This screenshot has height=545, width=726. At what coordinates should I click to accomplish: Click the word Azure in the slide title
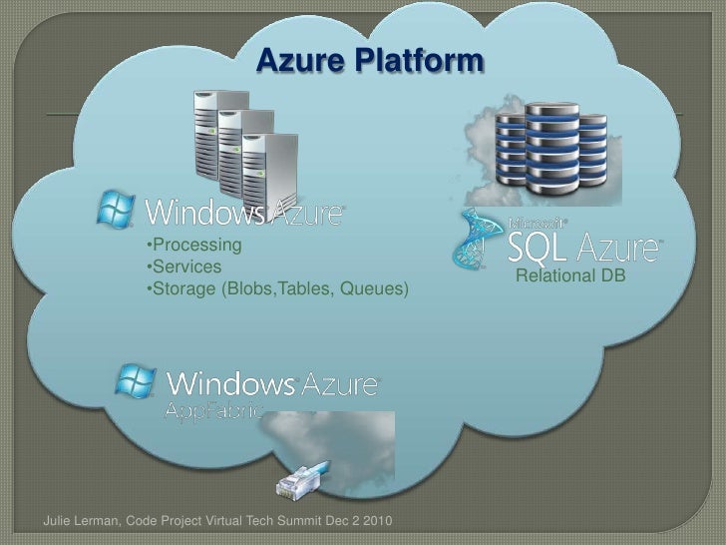tap(298, 61)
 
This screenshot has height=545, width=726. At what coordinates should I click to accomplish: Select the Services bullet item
tap(184, 268)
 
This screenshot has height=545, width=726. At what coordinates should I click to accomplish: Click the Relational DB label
tap(569, 274)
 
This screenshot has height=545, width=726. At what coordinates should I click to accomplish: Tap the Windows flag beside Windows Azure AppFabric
tap(136, 381)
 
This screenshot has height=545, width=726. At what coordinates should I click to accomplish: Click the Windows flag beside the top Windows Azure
tap(116, 211)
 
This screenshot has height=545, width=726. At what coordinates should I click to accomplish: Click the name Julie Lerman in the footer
tap(83, 522)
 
